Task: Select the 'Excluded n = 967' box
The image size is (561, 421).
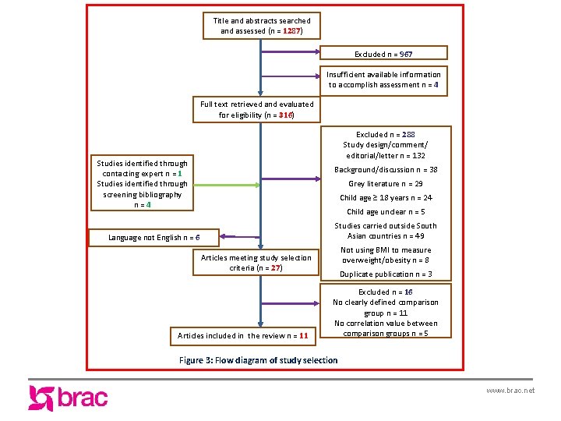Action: (383, 54)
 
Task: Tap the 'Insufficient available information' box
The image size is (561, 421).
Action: (384, 80)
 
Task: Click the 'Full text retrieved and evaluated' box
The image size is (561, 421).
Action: (256, 109)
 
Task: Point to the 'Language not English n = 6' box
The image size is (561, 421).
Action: (153, 237)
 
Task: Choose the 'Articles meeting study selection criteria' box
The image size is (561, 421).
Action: (256, 263)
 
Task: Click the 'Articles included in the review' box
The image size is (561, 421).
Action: (243, 336)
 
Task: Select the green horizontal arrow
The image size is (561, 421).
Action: (257, 183)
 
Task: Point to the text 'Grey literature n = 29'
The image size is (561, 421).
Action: (386, 184)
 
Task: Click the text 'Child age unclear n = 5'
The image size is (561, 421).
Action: (386, 211)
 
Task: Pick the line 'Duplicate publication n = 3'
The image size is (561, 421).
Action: (386, 274)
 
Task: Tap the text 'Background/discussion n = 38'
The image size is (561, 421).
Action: (386, 169)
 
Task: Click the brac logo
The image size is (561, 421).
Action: (68, 398)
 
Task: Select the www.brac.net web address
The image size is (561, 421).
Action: (510, 390)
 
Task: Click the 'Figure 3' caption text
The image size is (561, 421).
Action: (258, 360)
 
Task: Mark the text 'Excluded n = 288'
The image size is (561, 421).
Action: (386, 134)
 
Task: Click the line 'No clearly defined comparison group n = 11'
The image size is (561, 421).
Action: (386, 307)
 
